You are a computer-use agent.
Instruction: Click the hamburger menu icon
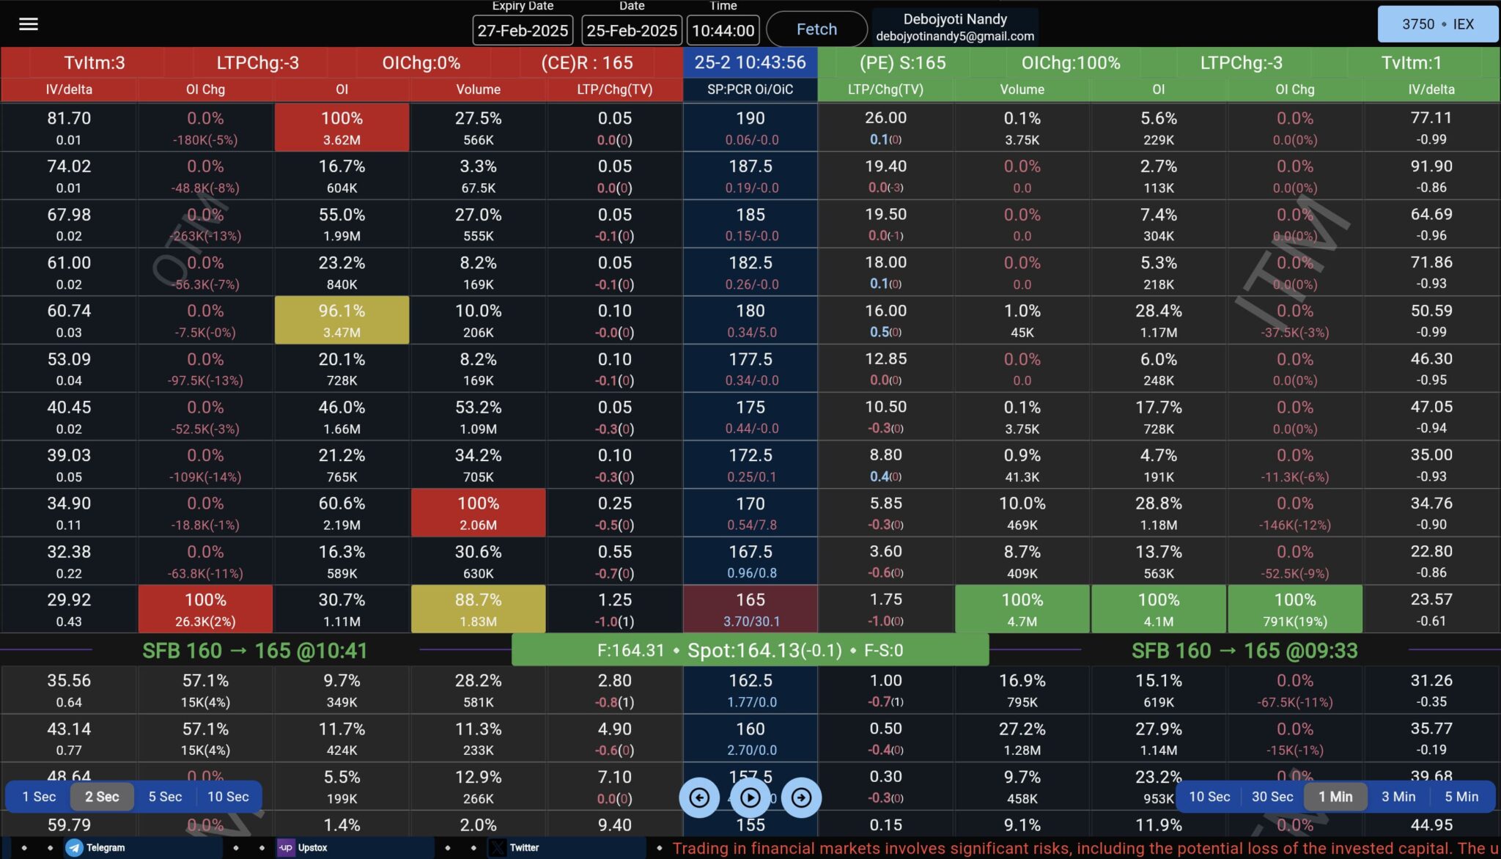click(x=29, y=24)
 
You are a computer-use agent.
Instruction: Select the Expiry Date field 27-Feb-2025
click(x=523, y=30)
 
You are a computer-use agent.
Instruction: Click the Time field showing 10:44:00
click(x=723, y=30)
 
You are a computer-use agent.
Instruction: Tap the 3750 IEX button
click(x=1437, y=24)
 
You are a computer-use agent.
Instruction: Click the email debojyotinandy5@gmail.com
click(x=954, y=36)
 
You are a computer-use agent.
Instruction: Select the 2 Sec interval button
click(x=102, y=797)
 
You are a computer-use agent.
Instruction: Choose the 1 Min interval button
click(x=1335, y=797)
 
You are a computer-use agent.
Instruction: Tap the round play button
click(x=750, y=797)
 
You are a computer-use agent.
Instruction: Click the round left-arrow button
click(x=699, y=797)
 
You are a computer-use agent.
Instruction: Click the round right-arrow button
click(x=801, y=797)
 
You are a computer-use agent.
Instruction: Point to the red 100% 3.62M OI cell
click(x=342, y=128)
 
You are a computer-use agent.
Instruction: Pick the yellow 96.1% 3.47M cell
click(x=342, y=320)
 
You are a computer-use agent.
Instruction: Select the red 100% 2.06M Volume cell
click(x=478, y=513)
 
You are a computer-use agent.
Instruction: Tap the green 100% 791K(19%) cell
click(x=1294, y=609)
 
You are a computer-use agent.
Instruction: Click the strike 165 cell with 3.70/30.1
click(x=750, y=609)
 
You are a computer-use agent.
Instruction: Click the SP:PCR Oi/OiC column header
click(x=750, y=89)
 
